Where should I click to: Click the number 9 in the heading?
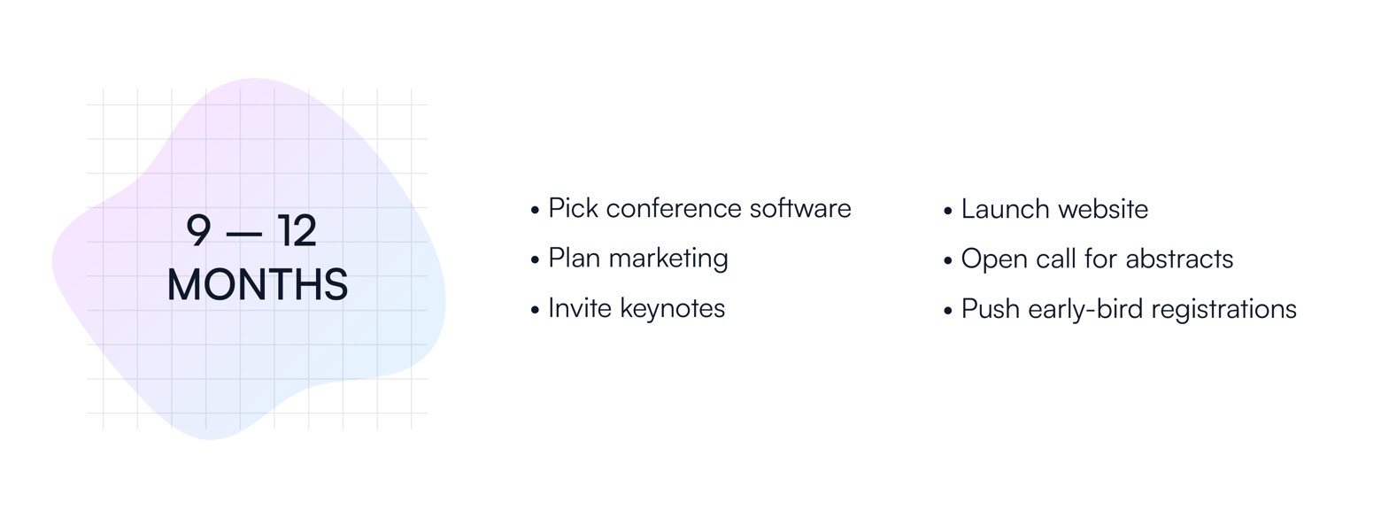tap(198, 230)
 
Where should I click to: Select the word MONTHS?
tap(258, 284)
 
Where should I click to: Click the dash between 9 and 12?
tap(244, 233)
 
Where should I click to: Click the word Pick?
tap(574, 208)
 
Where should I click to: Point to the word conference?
tap(674, 208)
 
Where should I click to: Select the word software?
tap(800, 208)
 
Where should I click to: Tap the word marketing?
tap(668, 259)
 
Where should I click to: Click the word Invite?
tap(580, 308)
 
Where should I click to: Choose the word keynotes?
tap(673, 308)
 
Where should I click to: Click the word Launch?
tap(1006, 208)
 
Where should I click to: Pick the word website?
tap(1103, 208)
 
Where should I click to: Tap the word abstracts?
tap(1179, 259)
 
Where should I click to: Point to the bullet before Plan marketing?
tap(535, 260)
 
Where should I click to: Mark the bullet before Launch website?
tap(947, 211)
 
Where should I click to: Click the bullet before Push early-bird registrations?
tap(947, 311)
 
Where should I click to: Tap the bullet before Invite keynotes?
tap(535, 310)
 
